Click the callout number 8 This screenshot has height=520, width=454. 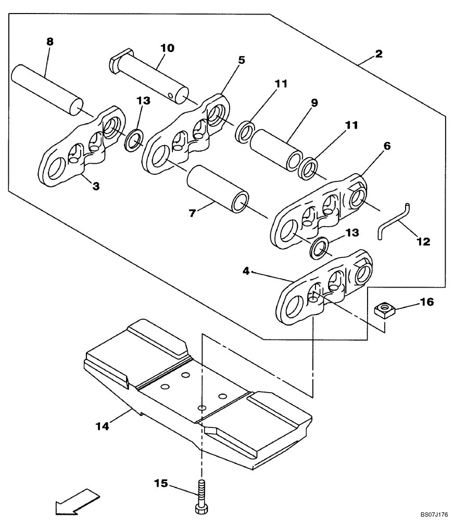click(49, 42)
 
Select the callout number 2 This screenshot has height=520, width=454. click(379, 54)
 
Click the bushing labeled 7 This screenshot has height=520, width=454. click(218, 189)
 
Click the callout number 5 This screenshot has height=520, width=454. click(241, 60)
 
